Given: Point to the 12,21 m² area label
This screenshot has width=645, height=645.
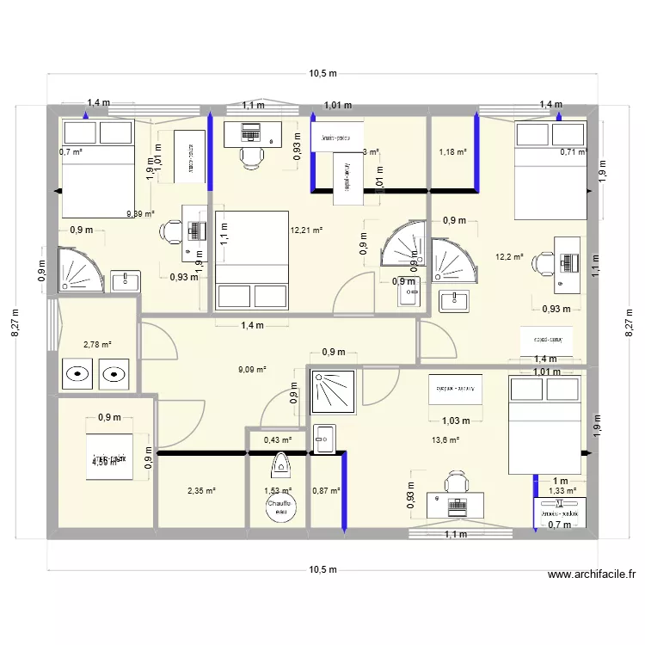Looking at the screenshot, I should tap(306, 230).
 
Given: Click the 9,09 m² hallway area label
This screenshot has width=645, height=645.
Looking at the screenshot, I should tap(252, 370).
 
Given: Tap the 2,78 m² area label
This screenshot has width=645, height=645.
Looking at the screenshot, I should tap(97, 344).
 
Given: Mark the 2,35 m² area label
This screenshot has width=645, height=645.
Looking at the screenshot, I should tap(200, 491).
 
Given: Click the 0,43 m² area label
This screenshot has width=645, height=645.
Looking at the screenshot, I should tap(278, 440).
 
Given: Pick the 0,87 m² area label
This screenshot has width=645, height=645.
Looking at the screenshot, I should tap(326, 491).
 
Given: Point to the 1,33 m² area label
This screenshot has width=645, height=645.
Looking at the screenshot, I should tap(562, 491).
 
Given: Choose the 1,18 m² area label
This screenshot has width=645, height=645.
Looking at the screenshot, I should tap(452, 152).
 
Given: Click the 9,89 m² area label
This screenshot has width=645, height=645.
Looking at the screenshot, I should tap(139, 215).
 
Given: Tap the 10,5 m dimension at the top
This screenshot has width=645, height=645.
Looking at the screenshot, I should tap(322, 74).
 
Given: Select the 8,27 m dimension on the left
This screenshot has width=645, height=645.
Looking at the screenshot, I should tap(19, 322).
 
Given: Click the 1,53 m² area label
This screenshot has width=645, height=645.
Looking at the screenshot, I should tap(278, 491).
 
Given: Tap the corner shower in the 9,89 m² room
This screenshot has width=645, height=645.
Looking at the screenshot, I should tap(80, 270).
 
